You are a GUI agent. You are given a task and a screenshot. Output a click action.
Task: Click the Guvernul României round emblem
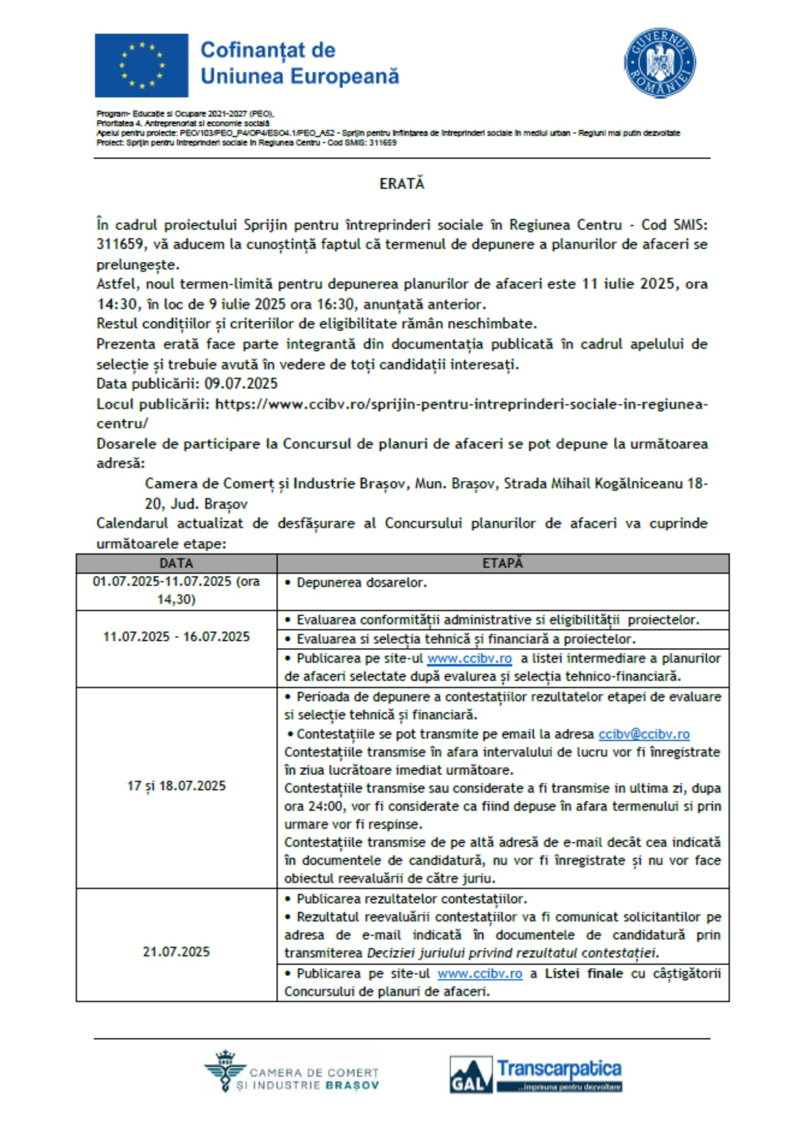(x=660, y=63)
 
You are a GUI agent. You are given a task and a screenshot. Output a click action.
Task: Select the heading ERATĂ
(x=401, y=184)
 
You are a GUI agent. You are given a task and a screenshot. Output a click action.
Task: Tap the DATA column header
(x=176, y=563)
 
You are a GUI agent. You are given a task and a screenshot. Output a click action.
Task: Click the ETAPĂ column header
(x=502, y=563)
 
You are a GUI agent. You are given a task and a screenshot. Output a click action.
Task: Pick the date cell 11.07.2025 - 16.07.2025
(x=176, y=637)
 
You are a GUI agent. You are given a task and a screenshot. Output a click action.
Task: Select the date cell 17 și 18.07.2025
(x=176, y=786)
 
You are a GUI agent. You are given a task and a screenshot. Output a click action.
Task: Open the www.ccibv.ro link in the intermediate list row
(x=469, y=658)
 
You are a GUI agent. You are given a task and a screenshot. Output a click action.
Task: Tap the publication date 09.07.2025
(x=241, y=384)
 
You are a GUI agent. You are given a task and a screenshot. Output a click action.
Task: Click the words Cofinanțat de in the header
(x=268, y=50)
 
